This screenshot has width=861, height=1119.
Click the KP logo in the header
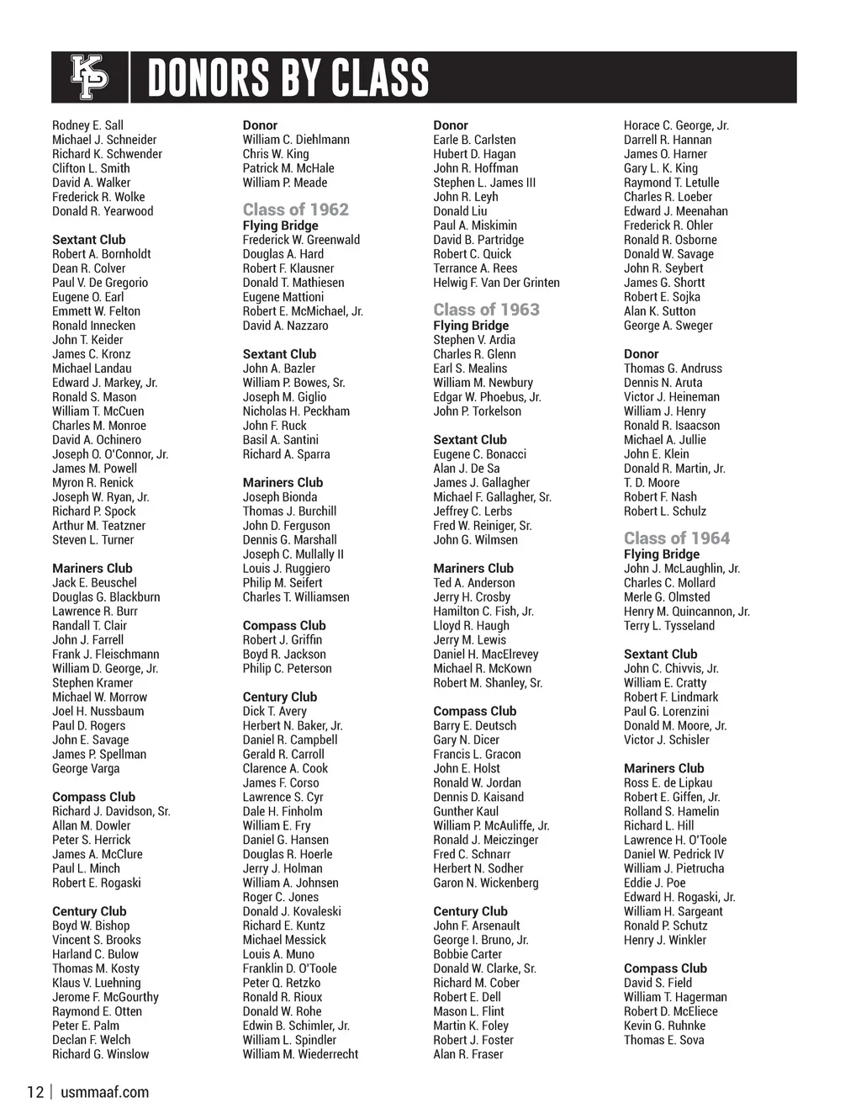click(89, 77)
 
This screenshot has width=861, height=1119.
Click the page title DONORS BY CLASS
click(288, 78)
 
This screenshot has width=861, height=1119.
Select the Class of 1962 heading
click(295, 209)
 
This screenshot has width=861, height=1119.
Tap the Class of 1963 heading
click(486, 310)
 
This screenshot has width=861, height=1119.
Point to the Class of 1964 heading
click(676, 538)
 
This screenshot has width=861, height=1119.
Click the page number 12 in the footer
click(34, 1092)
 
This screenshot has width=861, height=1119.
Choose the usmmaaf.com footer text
click(105, 1092)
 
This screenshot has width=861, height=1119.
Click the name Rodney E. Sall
click(87, 125)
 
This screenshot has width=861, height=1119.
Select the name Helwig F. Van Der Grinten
click(496, 283)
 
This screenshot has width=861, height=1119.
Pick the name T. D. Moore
click(652, 483)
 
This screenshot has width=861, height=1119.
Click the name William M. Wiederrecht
click(300, 1054)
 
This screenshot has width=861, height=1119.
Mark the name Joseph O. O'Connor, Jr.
click(110, 454)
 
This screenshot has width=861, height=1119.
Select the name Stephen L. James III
click(484, 183)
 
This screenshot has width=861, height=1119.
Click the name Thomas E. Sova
click(663, 1040)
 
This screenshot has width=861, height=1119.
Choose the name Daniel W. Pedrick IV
click(673, 854)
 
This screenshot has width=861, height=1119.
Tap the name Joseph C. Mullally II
click(293, 554)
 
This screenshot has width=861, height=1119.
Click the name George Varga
click(86, 769)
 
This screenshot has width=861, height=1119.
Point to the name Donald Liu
click(460, 211)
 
